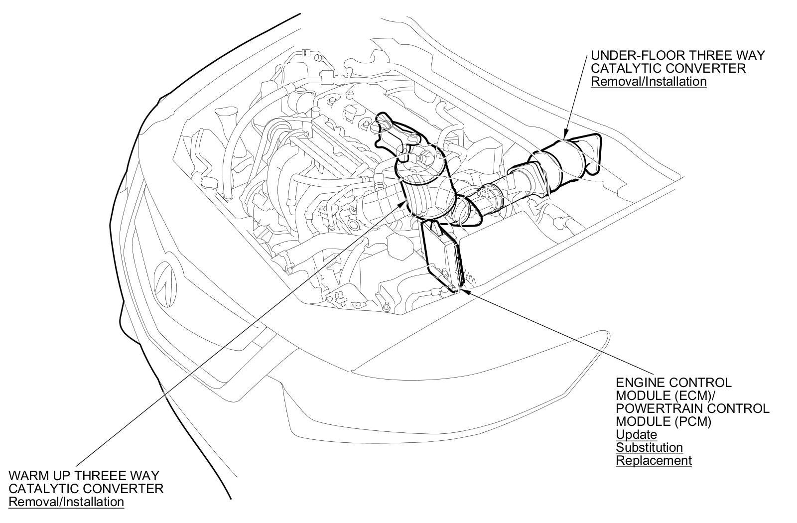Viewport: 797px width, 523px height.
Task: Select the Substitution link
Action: click(x=649, y=447)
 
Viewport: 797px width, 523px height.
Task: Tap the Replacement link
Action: click(x=654, y=460)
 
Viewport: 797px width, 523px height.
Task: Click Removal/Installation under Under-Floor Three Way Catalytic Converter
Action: click(x=649, y=81)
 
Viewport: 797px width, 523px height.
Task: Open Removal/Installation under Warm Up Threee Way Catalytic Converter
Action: click(x=66, y=502)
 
